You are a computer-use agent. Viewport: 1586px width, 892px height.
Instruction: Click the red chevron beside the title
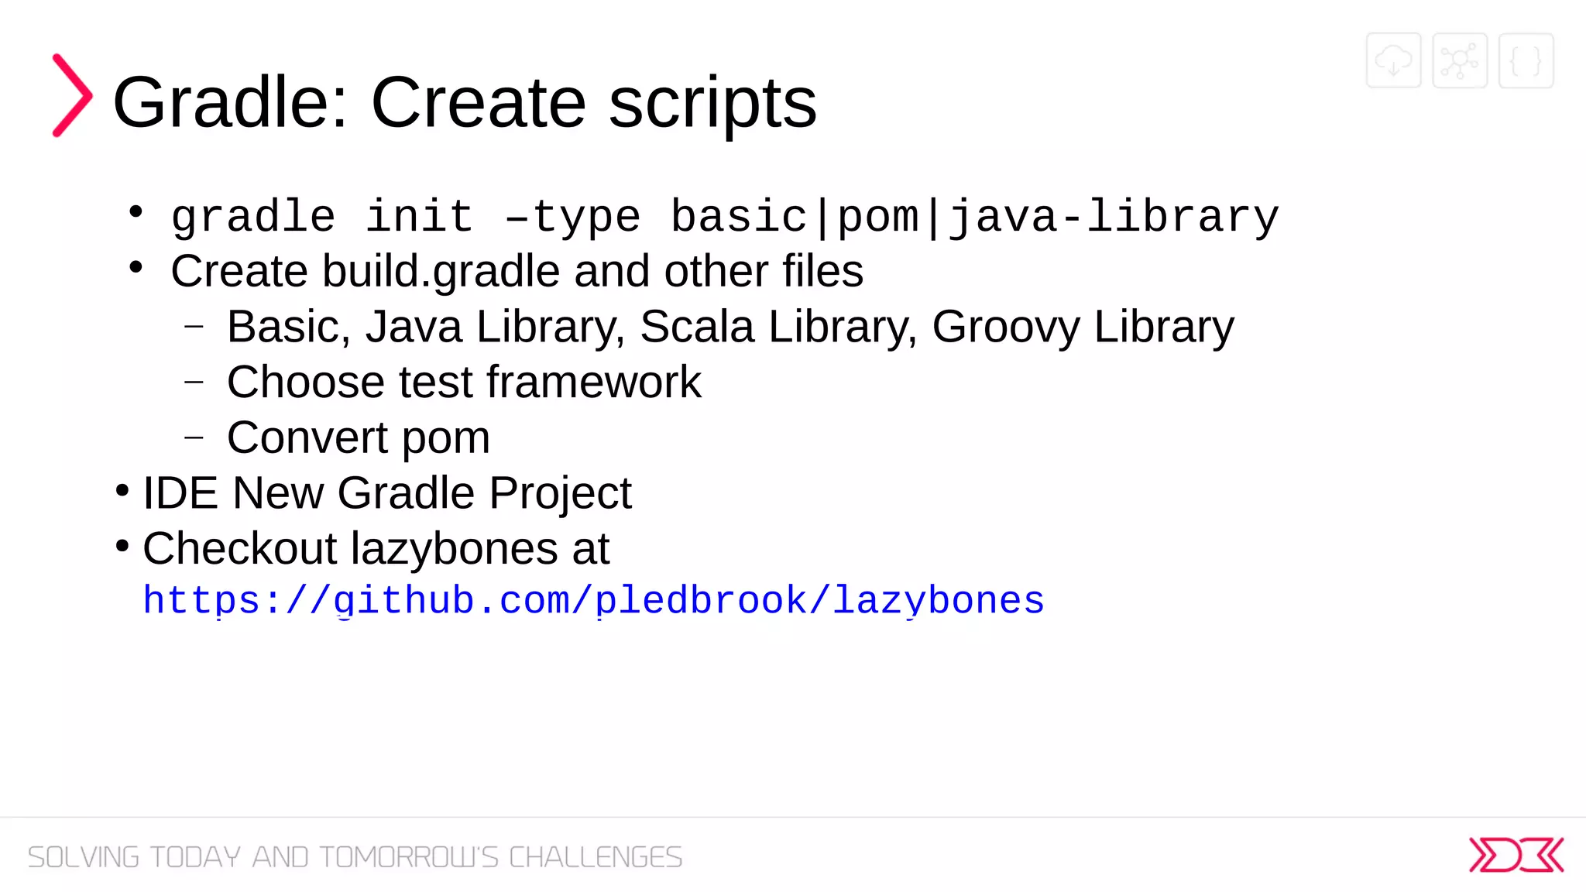click(72, 95)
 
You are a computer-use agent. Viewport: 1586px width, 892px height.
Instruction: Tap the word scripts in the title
click(712, 103)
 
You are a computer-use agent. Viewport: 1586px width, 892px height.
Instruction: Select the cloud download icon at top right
click(1393, 60)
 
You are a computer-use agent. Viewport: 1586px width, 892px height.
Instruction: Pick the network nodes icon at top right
click(1460, 60)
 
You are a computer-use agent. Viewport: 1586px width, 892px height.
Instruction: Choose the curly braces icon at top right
click(1526, 60)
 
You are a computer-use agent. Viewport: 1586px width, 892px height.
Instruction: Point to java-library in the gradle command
click(1114, 218)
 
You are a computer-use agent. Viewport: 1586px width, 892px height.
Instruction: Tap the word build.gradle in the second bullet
click(441, 272)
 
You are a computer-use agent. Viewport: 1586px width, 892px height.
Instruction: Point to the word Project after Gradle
click(560, 494)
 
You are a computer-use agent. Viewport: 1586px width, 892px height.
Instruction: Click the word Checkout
click(240, 548)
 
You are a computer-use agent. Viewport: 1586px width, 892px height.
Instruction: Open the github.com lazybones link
click(594, 601)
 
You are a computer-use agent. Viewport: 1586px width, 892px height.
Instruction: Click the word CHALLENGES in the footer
click(596, 857)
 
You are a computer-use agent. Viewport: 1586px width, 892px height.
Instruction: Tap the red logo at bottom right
click(1516, 855)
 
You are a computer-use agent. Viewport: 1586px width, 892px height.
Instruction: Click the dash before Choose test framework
click(194, 382)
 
